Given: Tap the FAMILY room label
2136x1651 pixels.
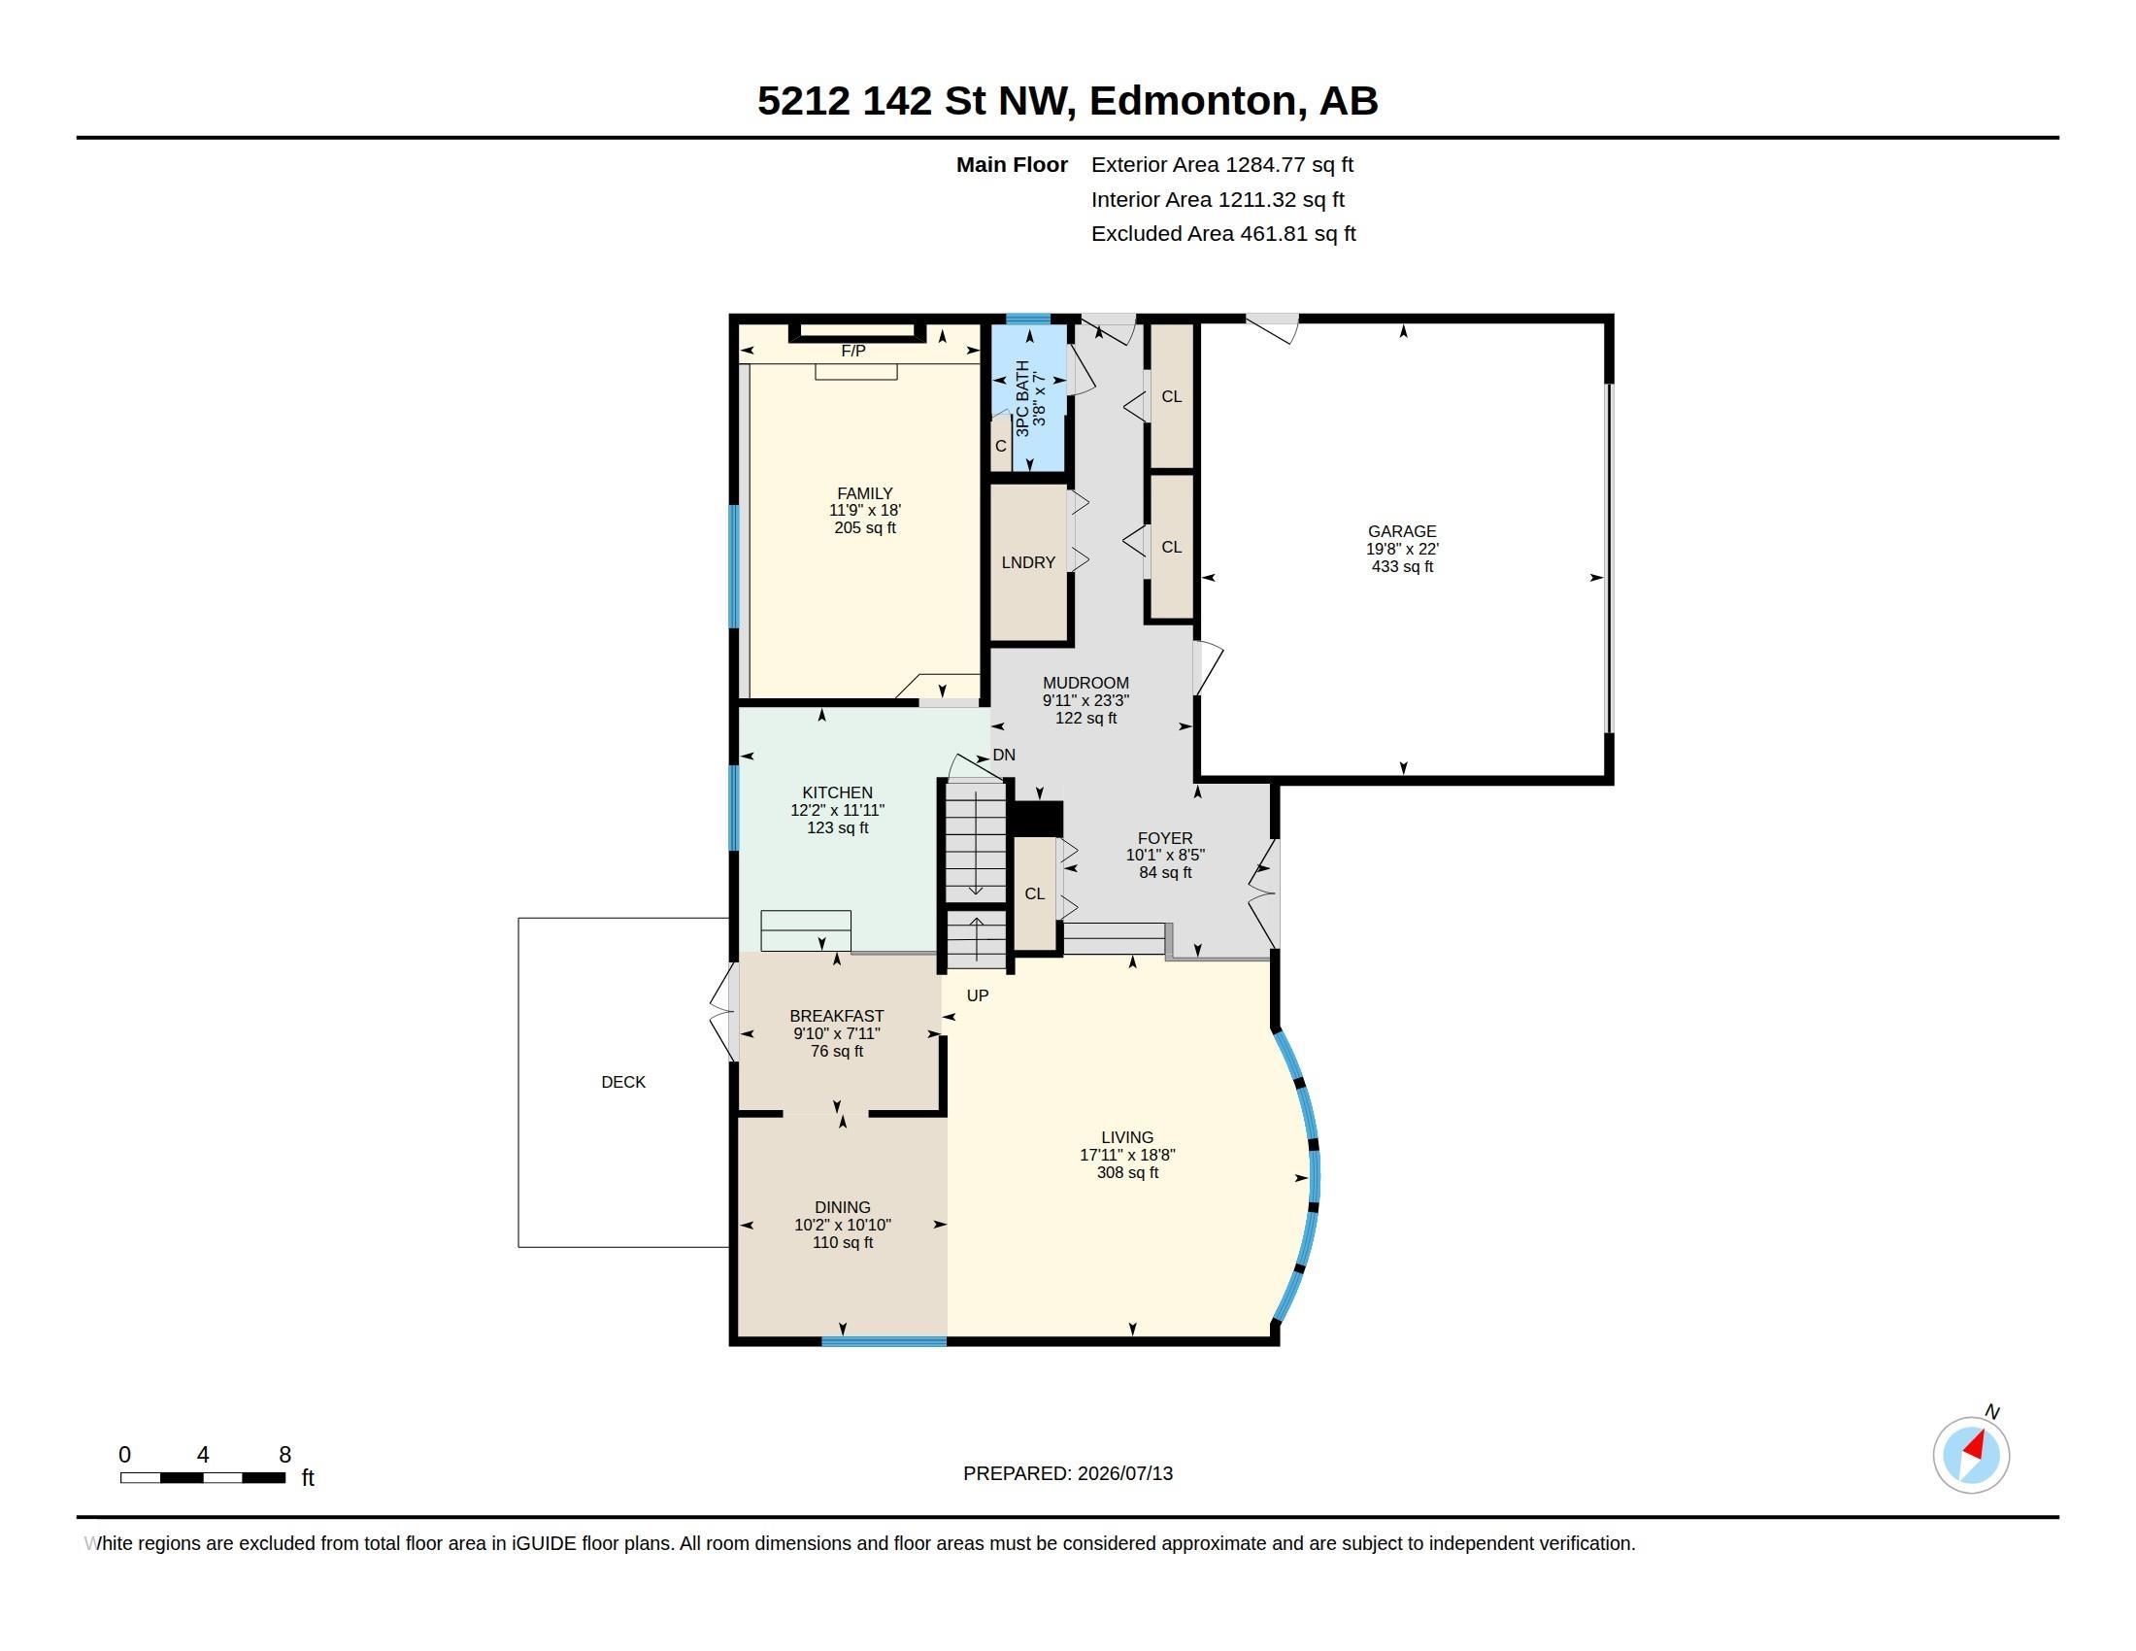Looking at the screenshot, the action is click(x=864, y=494).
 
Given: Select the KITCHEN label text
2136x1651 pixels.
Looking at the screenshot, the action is click(x=837, y=792).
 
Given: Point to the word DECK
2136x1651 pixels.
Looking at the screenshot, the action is click(x=623, y=1082).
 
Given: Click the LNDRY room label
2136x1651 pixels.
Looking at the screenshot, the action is click(x=1028, y=562).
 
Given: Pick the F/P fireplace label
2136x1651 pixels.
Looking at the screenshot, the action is click(x=852, y=351).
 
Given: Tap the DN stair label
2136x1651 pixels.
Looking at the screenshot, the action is click(x=1004, y=755).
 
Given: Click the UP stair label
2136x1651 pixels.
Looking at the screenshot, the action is click(x=977, y=995).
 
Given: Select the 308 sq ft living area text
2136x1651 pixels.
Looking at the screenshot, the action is click(x=1127, y=1173).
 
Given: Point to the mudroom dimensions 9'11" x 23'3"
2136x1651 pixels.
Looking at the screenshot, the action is click(x=1085, y=700).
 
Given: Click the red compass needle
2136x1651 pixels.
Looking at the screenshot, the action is click(x=1975, y=1445).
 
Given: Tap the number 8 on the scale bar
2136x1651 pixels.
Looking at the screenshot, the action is click(x=284, y=1455).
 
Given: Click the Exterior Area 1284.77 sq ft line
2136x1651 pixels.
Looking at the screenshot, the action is click(x=1221, y=165).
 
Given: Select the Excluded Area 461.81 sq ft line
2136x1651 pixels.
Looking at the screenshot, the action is click(x=1223, y=234).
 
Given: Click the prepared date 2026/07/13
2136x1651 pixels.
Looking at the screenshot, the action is click(x=1124, y=1473).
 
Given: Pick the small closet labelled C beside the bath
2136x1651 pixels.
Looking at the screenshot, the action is click(x=1000, y=445).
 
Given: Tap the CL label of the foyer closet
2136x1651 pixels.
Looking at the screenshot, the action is click(x=1035, y=893).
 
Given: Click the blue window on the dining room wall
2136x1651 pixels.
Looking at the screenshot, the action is click(x=884, y=1341).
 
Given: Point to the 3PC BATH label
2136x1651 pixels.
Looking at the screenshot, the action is click(x=1022, y=399).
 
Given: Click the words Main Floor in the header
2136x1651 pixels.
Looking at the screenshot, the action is click(x=1012, y=165).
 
